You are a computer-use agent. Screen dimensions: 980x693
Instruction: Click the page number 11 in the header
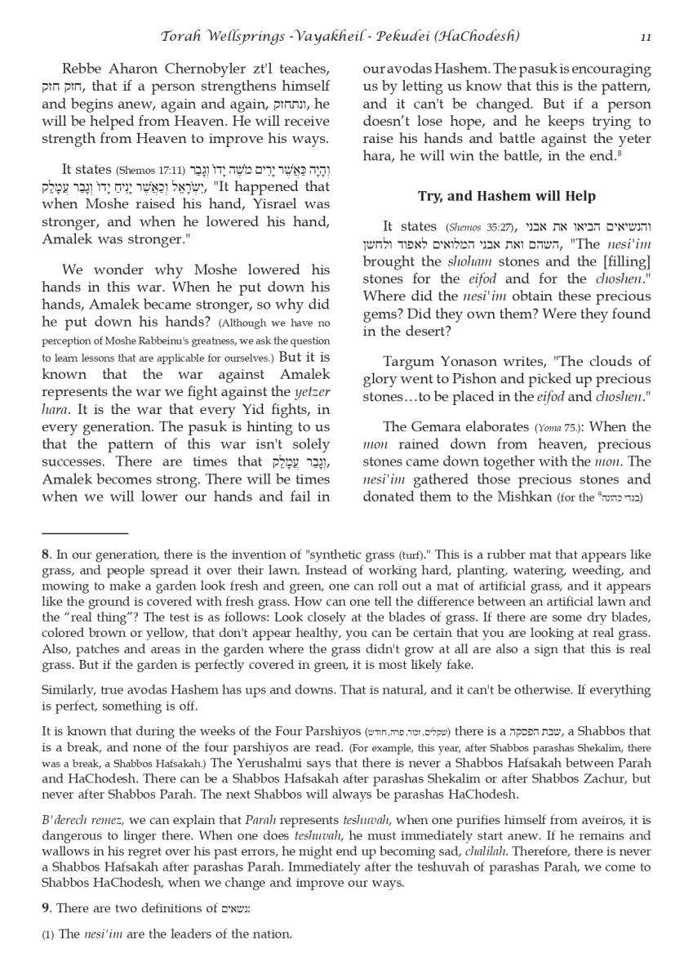(646, 36)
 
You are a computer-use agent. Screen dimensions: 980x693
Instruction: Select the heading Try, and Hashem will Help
(506, 196)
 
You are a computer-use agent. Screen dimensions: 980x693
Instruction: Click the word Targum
(410, 362)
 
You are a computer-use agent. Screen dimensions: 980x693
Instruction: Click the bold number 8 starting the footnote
(46, 555)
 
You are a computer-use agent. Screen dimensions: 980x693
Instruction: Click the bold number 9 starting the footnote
(46, 908)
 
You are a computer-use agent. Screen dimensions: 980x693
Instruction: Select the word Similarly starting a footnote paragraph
(70, 689)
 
